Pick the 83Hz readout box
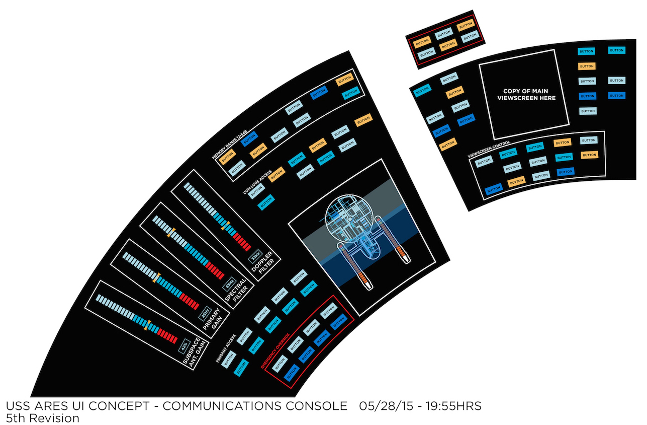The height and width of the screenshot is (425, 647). click(229, 285)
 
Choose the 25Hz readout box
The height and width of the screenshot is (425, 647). click(205, 313)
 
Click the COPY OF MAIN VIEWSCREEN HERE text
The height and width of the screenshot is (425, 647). click(526, 95)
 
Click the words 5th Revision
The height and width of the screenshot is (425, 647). click(42, 418)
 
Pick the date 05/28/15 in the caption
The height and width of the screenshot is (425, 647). click(384, 406)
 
